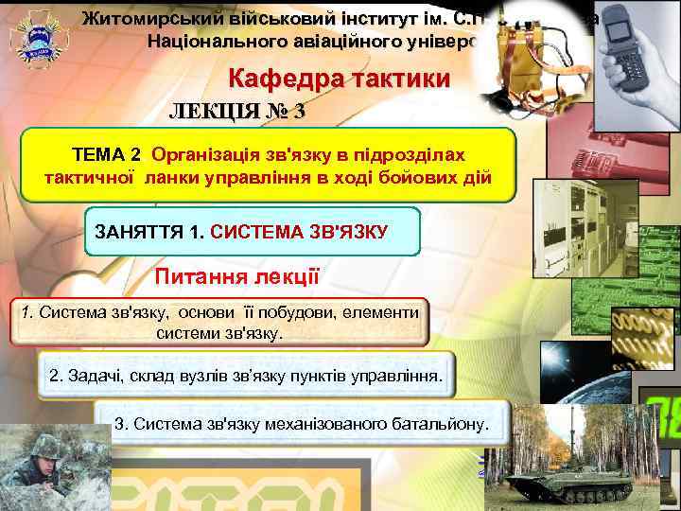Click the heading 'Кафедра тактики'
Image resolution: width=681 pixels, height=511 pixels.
(x=339, y=80)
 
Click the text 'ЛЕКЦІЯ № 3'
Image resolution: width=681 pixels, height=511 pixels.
(x=236, y=111)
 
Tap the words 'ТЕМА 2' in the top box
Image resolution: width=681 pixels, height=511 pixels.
(x=107, y=153)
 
